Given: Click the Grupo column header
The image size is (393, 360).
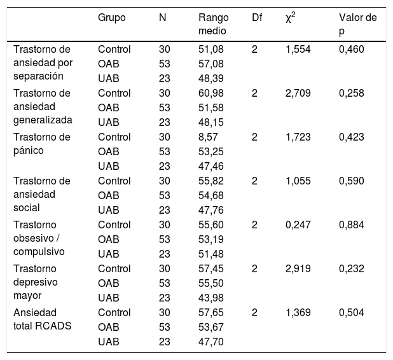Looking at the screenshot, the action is tap(112, 18).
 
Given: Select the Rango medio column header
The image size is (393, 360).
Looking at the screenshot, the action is tap(214, 24).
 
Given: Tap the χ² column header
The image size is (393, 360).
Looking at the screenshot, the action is tap(291, 18).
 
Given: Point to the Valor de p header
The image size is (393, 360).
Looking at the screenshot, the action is tap(357, 24).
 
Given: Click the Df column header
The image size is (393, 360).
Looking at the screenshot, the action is tap(257, 18).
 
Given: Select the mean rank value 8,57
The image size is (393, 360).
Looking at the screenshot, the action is tap(208, 137).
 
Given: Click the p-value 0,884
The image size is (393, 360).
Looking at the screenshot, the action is tap(352, 225).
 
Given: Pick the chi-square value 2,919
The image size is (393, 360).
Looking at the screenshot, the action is tap(298, 269).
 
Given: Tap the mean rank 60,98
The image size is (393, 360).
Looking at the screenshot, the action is tap(210, 93).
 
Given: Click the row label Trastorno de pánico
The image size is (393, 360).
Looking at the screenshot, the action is tap(42, 144).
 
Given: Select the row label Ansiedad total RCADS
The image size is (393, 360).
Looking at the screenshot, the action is tap(43, 319).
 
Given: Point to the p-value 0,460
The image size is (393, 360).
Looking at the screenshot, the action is tap(352, 50).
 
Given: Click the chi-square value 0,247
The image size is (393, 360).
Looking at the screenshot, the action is tap(298, 225).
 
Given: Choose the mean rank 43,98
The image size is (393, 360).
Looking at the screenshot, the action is tap(210, 298).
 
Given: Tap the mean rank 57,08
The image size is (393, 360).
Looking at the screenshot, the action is tap(210, 64).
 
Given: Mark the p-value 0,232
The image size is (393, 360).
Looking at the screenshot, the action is tap(352, 269).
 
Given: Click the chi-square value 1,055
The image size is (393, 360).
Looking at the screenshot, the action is tap(298, 181).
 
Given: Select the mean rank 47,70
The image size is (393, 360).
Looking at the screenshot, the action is tap(210, 342).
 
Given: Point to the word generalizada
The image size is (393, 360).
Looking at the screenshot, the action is tap(43, 120).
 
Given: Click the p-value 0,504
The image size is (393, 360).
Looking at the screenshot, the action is tap(352, 313).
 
